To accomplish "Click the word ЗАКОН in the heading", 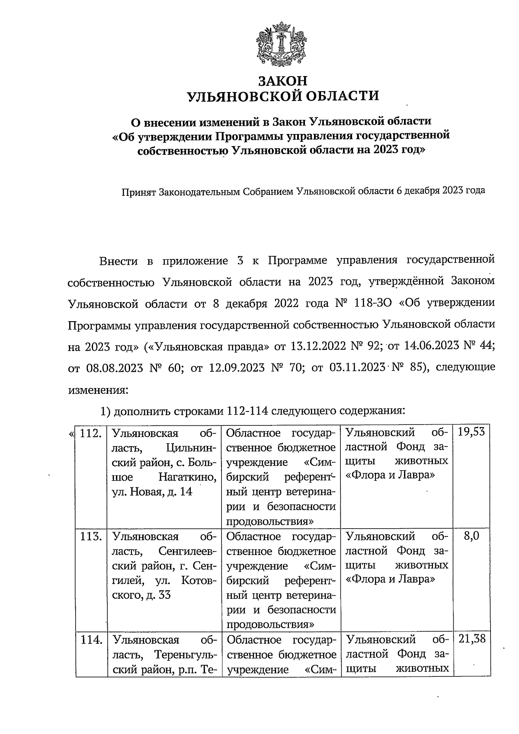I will [x=282, y=81].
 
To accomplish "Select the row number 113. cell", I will [x=91, y=537].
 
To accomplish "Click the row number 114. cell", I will [x=91, y=640].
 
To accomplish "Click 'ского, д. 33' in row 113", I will [x=141, y=595].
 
